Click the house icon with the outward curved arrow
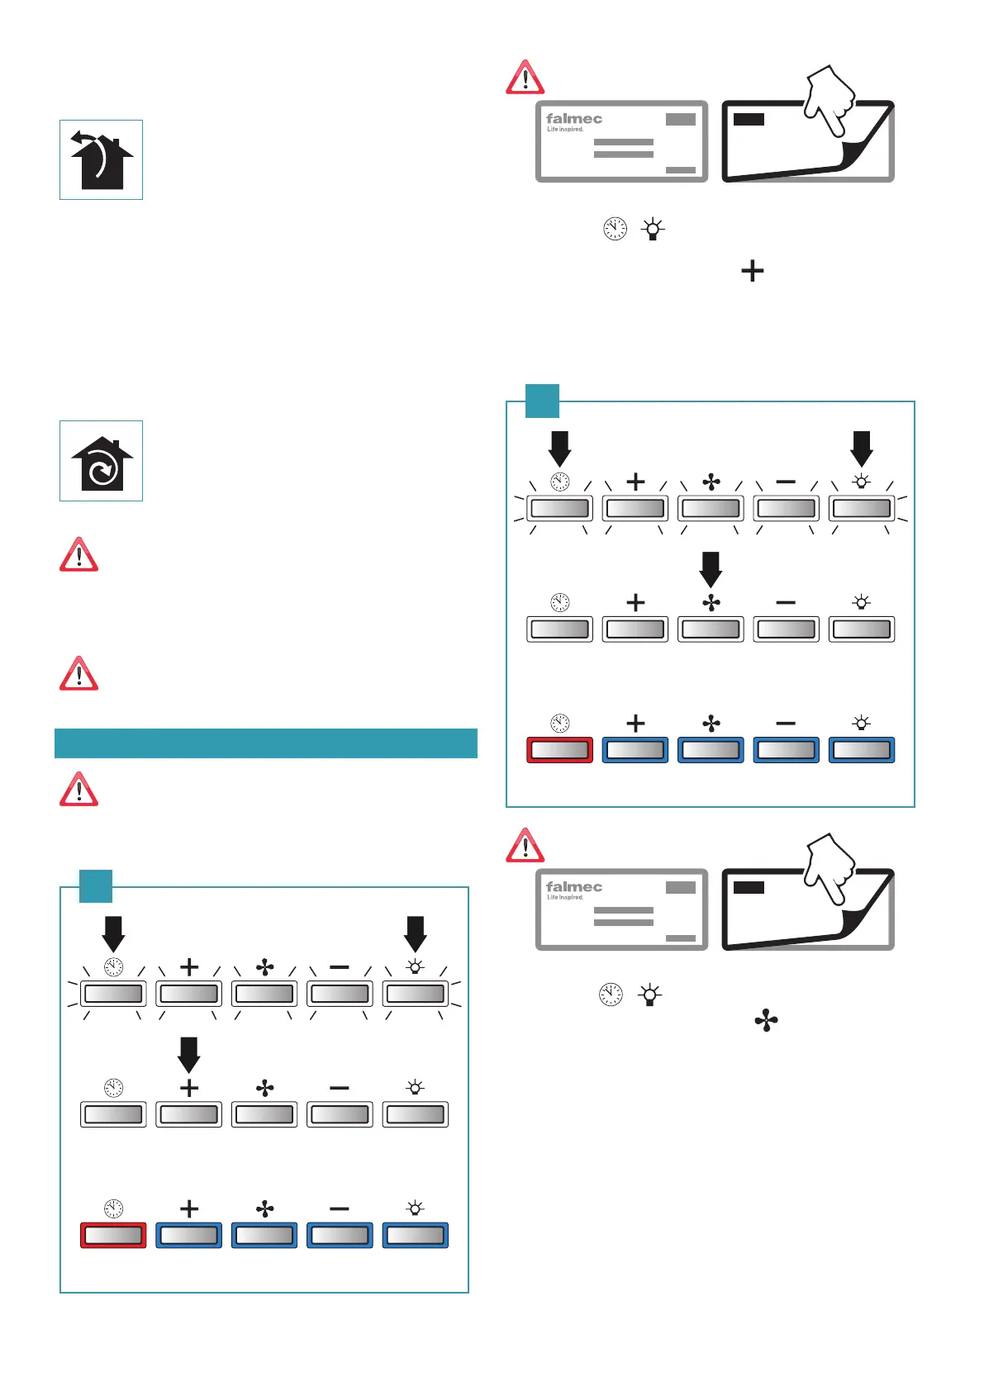tap(101, 159)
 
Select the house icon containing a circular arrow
tap(101, 461)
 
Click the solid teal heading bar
tap(265, 743)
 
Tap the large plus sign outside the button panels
tap(752, 271)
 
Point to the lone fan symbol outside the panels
tap(766, 1021)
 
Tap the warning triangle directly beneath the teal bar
tap(79, 790)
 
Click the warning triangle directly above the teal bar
tap(79, 674)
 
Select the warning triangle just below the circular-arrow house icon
tap(79, 555)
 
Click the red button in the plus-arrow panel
tap(113, 1236)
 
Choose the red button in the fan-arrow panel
tap(559, 750)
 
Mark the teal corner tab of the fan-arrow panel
tap(543, 401)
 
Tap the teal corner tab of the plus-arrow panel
tap(96, 885)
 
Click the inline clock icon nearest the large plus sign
tap(615, 229)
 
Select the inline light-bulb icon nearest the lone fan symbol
tap(650, 995)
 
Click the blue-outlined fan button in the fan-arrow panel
tap(711, 750)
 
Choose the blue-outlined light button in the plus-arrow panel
tap(416, 1236)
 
